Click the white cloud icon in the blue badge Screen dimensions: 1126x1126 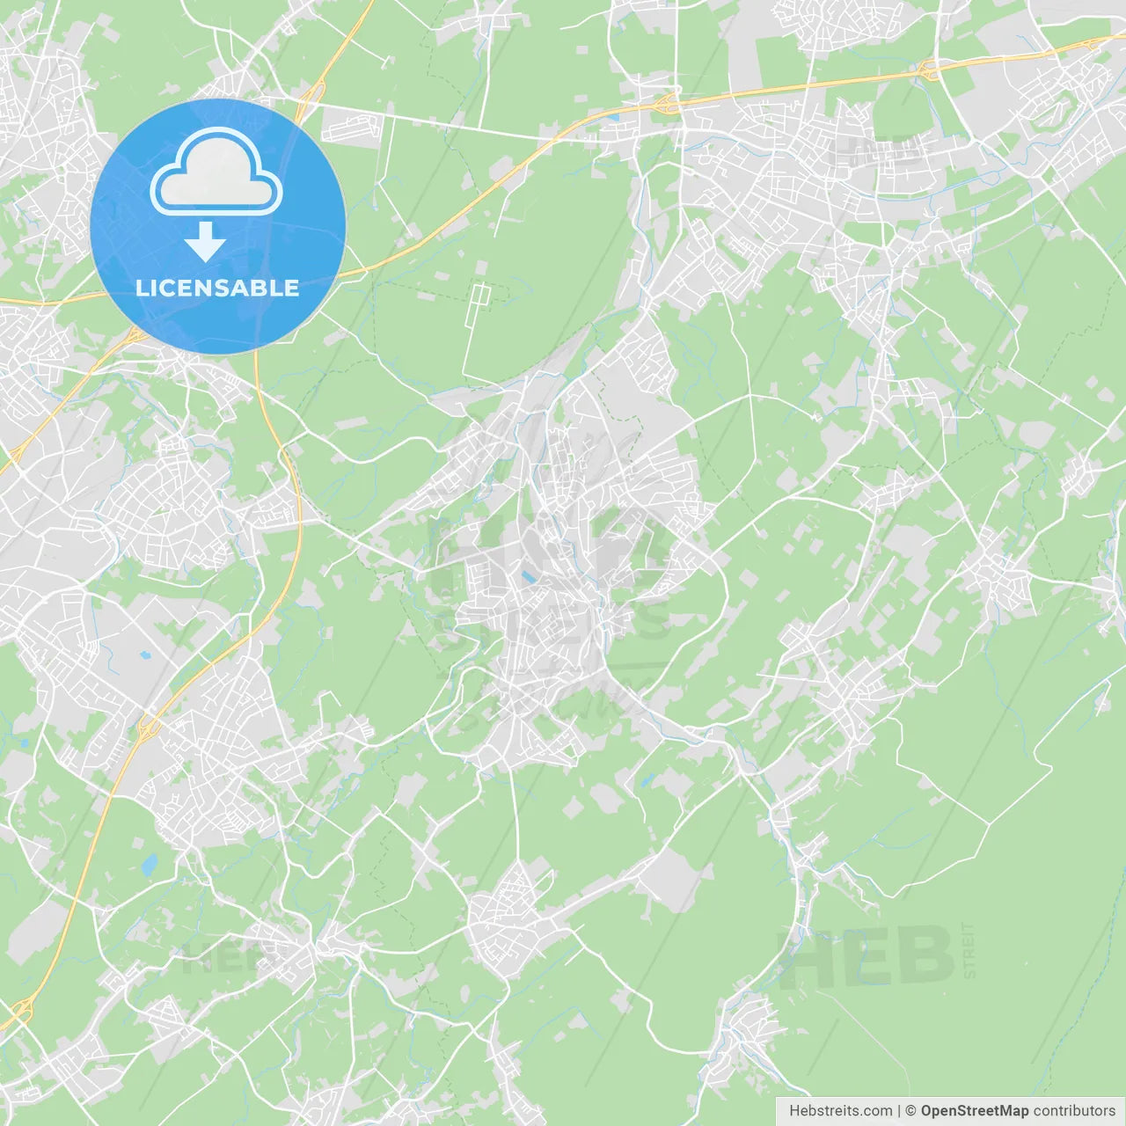coord(216,172)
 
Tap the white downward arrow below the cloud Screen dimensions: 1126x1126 coord(205,242)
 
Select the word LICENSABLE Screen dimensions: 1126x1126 coord(217,288)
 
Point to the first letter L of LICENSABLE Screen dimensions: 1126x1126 coord(141,288)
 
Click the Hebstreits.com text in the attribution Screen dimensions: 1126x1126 coord(840,1111)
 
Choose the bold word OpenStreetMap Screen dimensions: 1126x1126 coord(975,1111)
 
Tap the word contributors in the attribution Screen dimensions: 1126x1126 coord(1074,1111)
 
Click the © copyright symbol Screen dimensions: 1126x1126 coord(911,1111)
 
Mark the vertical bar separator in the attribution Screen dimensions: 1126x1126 coord(899,1111)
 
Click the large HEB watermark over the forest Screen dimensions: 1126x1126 coord(866,956)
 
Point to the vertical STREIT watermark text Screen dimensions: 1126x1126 coord(969,950)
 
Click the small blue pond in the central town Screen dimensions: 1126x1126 coord(528,577)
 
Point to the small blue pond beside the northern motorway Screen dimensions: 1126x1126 coord(613,116)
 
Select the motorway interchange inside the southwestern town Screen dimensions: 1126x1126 coord(148,727)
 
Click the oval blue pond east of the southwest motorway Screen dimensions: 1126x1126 coord(149,865)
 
